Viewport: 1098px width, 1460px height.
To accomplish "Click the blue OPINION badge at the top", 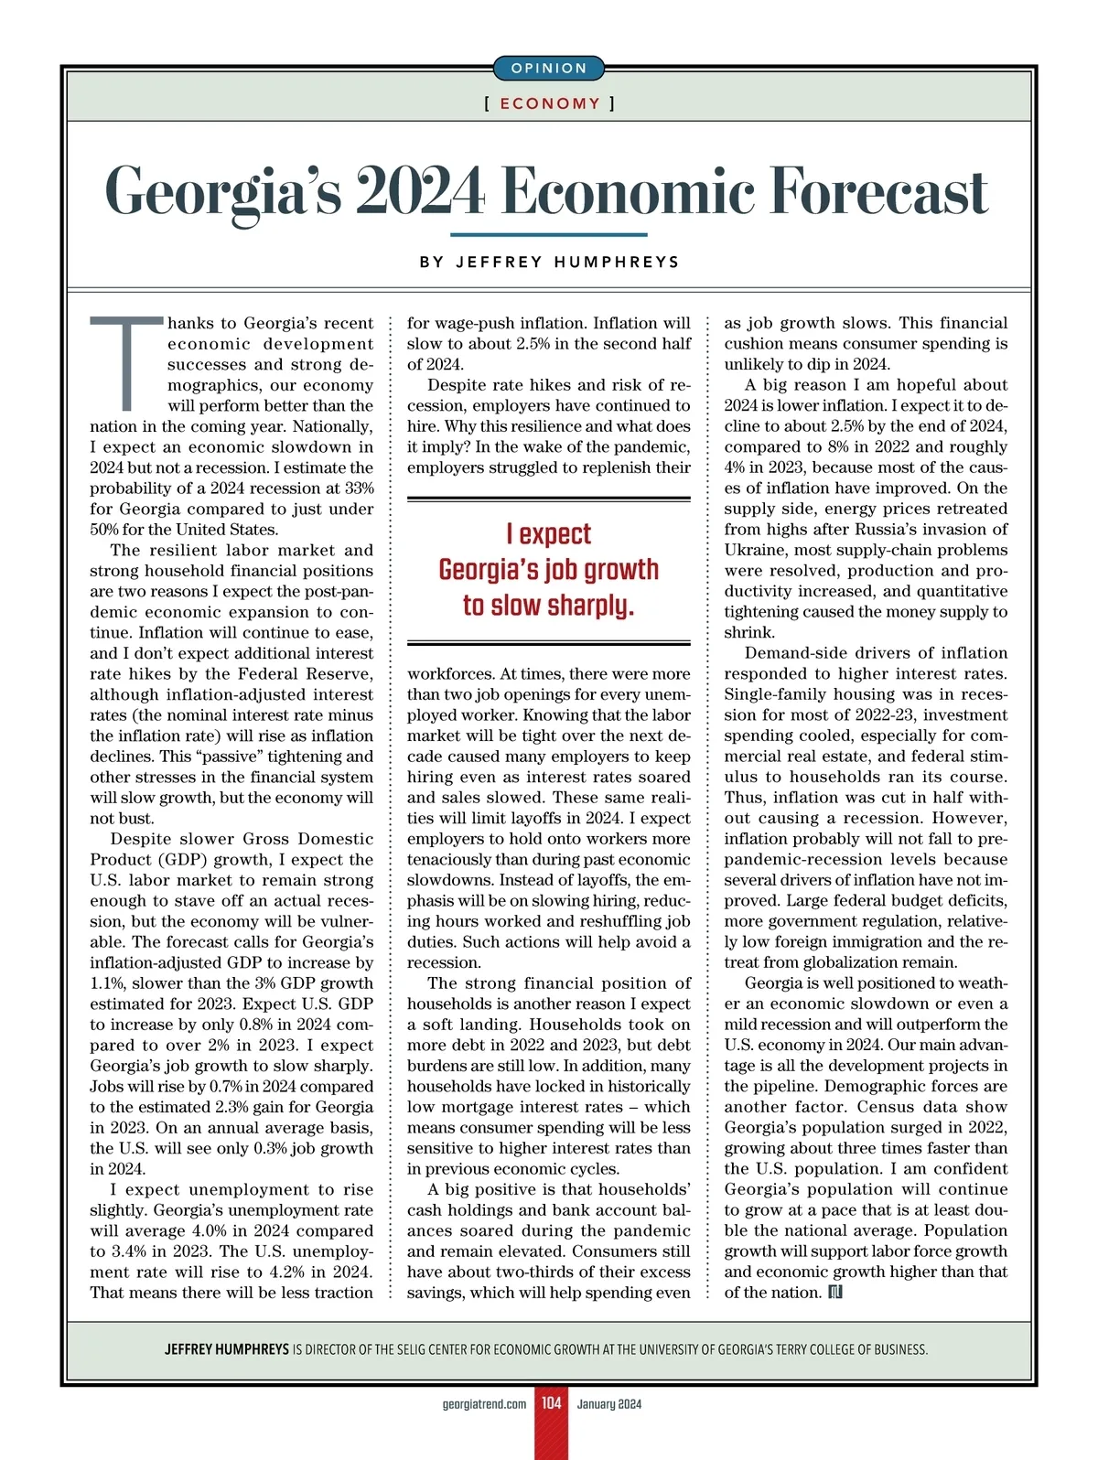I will [x=549, y=69].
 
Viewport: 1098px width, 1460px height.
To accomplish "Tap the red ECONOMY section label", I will [x=549, y=103].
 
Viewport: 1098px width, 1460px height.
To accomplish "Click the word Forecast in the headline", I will [x=879, y=191].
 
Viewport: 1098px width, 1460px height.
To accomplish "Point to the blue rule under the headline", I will [x=549, y=235].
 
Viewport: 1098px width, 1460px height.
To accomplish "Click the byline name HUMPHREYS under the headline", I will [x=618, y=262].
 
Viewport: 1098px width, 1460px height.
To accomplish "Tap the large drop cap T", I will [x=128, y=362].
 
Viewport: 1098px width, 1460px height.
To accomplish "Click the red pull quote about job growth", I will [x=548, y=570].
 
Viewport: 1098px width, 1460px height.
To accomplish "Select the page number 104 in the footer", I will [x=551, y=1403].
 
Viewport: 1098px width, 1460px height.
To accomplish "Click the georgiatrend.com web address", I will [x=484, y=1404].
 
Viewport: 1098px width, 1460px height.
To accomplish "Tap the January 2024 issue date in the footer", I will [x=609, y=1404].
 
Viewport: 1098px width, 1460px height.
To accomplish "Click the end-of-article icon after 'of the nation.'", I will [x=834, y=1292].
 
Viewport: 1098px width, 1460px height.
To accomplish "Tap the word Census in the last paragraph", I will [x=888, y=1107].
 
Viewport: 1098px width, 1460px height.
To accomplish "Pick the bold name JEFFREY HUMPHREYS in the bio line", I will [x=226, y=1349].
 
